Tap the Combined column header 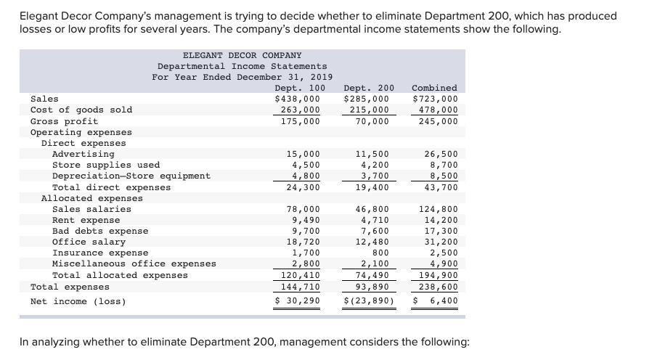coord(434,88)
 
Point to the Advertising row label coord(83,154)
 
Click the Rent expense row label coord(86,220)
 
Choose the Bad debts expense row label coord(100,231)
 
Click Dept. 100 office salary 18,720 coord(303,242)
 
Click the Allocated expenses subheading coord(92,198)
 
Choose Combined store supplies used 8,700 coord(443,165)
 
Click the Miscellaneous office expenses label coord(134,263)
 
